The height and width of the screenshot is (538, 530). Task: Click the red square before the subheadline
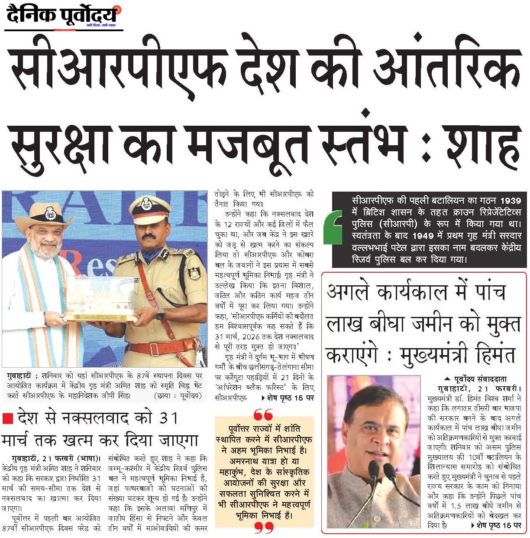click(7, 419)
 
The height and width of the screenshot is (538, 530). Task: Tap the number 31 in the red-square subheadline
click(169, 418)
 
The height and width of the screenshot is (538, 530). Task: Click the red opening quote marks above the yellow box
click(263, 414)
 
